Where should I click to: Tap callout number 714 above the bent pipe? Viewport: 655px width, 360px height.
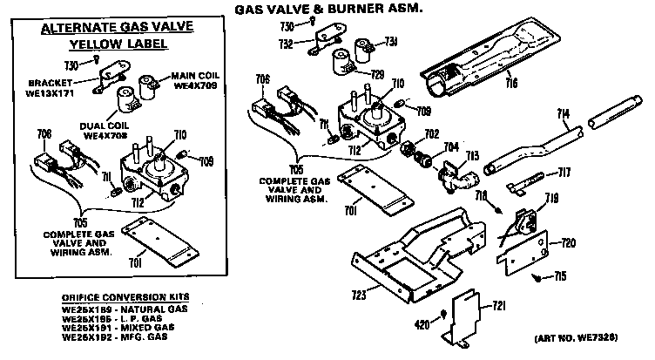click(x=564, y=114)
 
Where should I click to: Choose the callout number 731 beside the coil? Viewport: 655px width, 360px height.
click(x=391, y=41)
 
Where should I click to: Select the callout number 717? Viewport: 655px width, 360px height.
click(x=564, y=171)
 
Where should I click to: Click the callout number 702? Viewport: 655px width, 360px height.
click(x=430, y=133)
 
